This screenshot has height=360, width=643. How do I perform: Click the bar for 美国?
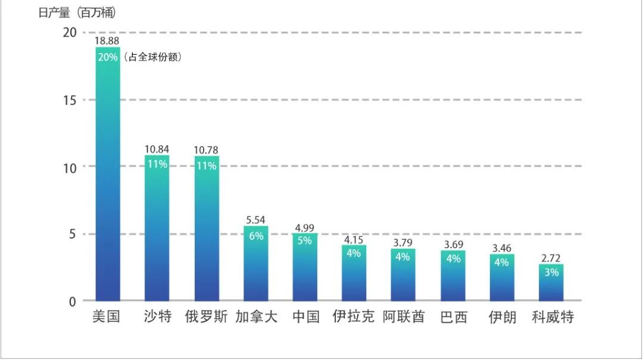click(x=108, y=179)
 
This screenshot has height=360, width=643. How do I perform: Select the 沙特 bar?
click(x=157, y=232)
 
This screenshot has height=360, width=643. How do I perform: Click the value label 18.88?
click(x=107, y=40)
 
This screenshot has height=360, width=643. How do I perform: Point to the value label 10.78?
click(x=207, y=149)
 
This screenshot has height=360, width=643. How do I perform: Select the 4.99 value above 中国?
click(x=305, y=227)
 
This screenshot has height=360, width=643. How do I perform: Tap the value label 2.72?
click(x=551, y=258)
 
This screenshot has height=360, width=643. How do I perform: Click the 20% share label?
click(x=107, y=57)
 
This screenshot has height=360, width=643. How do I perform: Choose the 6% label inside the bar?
click(x=256, y=236)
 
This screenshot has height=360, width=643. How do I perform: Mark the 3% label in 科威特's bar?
click(x=551, y=273)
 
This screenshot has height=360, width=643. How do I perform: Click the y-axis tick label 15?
click(x=70, y=100)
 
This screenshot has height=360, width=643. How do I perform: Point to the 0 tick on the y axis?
click(x=73, y=301)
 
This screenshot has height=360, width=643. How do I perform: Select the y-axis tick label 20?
click(x=70, y=33)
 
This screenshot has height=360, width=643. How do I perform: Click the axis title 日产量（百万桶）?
click(x=77, y=13)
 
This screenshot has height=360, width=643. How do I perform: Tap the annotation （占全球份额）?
click(x=153, y=58)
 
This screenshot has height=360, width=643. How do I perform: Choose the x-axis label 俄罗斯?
click(x=206, y=317)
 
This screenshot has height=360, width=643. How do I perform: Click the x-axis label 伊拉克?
click(x=354, y=317)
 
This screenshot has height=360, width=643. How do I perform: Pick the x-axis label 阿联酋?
click(x=404, y=317)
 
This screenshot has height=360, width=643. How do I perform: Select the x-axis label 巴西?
click(x=453, y=317)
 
